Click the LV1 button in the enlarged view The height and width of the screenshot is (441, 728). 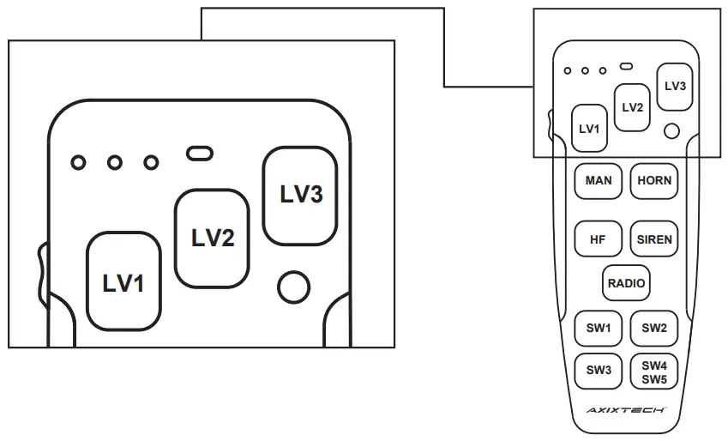pyautogui.click(x=123, y=281)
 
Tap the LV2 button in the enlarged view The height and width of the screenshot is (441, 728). pyautogui.click(x=212, y=238)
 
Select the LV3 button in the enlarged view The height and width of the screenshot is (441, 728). pyautogui.click(x=301, y=194)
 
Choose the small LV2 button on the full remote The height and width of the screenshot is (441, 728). pyautogui.click(x=632, y=107)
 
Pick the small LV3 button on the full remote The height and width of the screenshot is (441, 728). pyautogui.click(x=675, y=87)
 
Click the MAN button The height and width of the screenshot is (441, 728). pyautogui.click(x=599, y=181)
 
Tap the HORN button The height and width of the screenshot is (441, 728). pyautogui.click(x=654, y=181)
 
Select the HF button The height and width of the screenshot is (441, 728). pyautogui.click(x=599, y=239)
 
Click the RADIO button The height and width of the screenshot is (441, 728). pyautogui.click(x=626, y=283)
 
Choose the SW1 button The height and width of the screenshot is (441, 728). pyautogui.click(x=599, y=328)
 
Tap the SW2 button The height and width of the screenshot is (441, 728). pyautogui.click(x=654, y=328)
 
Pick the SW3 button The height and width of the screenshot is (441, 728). pyautogui.click(x=599, y=371)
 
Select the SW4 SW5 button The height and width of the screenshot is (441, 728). pyautogui.click(x=654, y=372)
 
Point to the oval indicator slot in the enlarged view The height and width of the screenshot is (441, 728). pyautogui.click(x=199, y=154)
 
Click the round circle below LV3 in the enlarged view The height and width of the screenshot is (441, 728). pyautogui.click(x=293, y=287)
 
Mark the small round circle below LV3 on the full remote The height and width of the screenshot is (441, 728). pyautogui.click(x=672, y=130)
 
